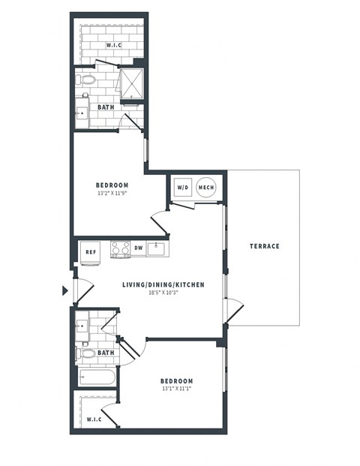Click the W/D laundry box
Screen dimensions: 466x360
click(x=182, y=187)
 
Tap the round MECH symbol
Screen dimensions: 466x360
click(x=205, y=187)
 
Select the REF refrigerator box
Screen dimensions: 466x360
click(x=91, y=253)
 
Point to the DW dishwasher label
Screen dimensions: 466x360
click(x=138, y=248)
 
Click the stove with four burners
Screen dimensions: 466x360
click(x=120, y=248)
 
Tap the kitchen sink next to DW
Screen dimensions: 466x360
click(x=157, y=248)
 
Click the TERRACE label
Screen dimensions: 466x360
click(x=265, y=246)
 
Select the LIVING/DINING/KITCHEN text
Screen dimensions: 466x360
click(x=163, y=285)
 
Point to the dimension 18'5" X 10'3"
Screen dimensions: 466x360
click(x=163, y=294)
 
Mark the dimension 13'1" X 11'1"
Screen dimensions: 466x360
click(x=176, y=389)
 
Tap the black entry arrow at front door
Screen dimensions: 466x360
click(x=65, y=290)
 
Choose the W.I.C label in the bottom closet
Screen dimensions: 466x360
click(x=94, y=419)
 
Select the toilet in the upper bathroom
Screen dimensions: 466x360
click(x=85, y=79)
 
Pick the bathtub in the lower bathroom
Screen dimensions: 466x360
click(x=95, y=377)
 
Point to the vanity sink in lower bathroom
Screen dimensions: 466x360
click(x=82, y=326)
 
